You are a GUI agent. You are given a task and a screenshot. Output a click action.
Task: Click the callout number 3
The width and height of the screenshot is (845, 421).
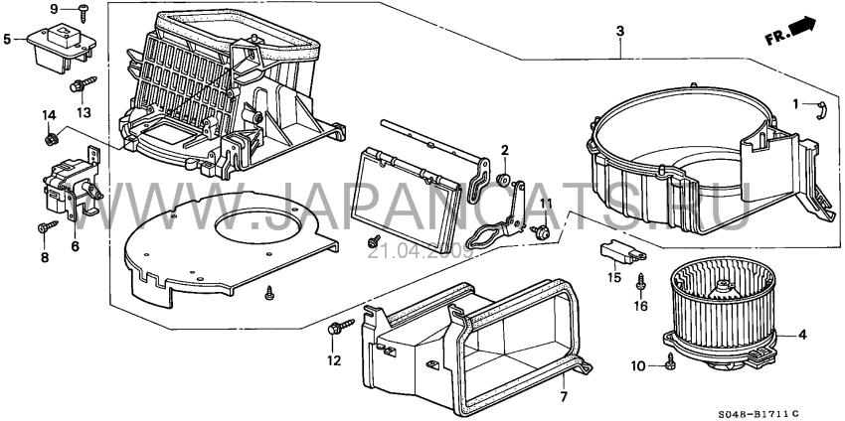620,32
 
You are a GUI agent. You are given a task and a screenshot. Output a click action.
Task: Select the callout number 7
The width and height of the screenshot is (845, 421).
563,397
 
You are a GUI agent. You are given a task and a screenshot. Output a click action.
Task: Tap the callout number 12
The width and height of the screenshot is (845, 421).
334,360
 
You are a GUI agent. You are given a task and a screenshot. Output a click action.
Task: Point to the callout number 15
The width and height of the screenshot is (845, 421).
614,278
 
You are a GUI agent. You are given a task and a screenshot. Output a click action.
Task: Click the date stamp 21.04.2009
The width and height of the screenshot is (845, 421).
421,251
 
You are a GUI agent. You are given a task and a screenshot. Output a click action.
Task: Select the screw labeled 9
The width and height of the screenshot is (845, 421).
84,13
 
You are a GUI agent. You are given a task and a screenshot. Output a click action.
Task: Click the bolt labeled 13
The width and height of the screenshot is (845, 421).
83,84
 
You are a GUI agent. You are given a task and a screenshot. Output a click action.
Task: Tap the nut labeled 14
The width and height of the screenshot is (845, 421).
52,139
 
